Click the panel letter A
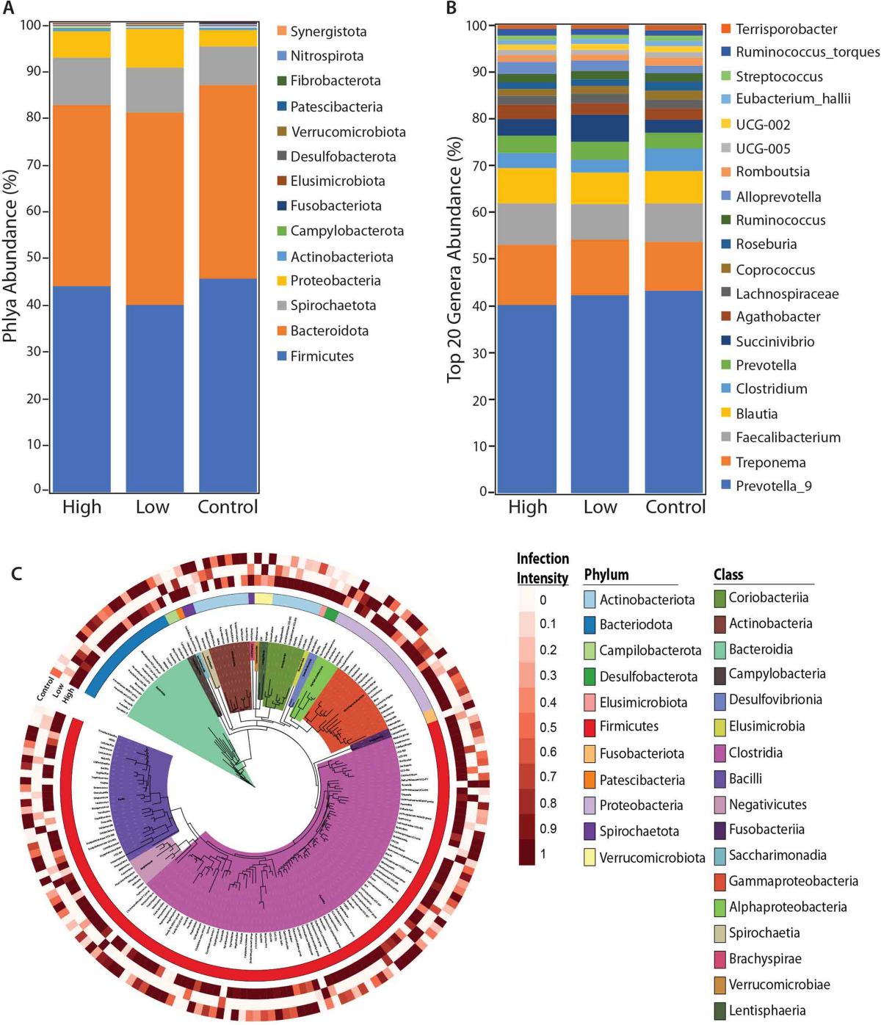[8, 9]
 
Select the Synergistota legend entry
[327, 32]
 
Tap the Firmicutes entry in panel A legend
[322, 356]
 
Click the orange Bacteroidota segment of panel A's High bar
[81, 195]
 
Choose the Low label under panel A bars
[153, 507]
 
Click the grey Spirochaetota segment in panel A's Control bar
[228, 66]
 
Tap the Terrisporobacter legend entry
[786, 29]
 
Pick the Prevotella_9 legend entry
[774, 486]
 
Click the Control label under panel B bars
[675, 507]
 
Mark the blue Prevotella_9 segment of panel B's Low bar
[600, 393]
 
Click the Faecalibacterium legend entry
[788, 438]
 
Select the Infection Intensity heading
[543, 568]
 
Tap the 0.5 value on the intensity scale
[548, 727]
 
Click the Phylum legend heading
[606, 574]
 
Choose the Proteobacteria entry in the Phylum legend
[641, 805]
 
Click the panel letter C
[16, 573]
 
